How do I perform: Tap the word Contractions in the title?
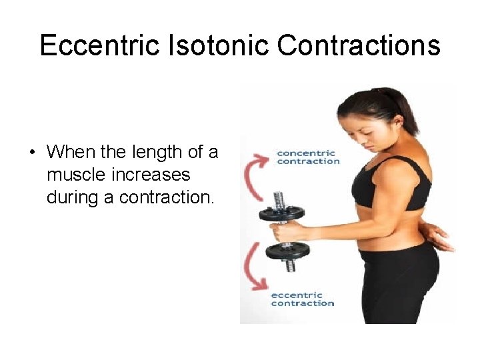click(359, 46)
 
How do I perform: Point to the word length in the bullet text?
click(151, 153)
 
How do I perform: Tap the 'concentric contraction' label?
click(307, 157)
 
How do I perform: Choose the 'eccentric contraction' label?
click(303, 299)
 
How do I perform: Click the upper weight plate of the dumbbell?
click(281, 214)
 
